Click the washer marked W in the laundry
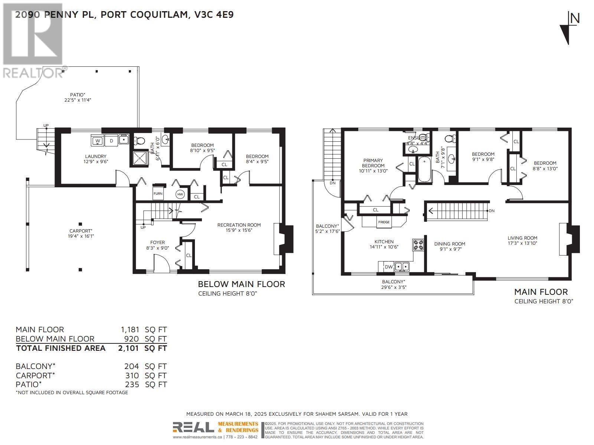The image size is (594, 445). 98,141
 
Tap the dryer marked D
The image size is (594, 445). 111,141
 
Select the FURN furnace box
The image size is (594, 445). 158,194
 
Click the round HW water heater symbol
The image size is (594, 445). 180,194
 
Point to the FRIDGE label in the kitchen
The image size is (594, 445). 384,222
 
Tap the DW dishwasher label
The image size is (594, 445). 388,267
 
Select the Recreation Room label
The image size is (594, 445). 239,225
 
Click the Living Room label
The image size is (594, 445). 522,238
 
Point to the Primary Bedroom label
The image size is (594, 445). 373,163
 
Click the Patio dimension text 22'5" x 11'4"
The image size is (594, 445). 77,100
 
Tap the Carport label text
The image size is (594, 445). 81,231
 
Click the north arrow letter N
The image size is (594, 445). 575,18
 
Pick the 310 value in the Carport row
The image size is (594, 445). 132,375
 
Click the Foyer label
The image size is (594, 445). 157,243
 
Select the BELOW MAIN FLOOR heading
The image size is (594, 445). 241,284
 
